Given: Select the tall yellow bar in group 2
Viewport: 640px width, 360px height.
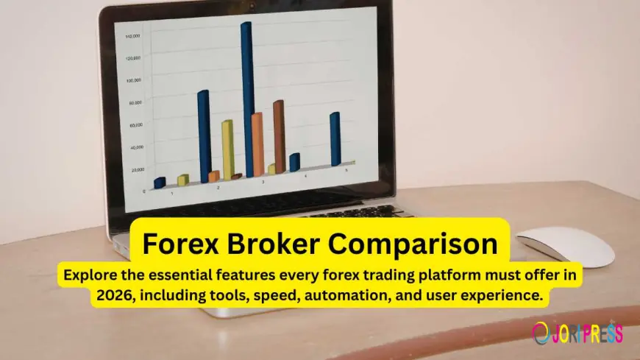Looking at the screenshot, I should click(227, 149).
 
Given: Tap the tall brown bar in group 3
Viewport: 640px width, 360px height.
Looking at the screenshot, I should click(278, 136).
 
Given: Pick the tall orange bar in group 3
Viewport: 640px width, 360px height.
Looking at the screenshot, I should click(257, 144).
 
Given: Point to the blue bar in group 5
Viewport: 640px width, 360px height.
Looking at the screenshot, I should click(335, 139).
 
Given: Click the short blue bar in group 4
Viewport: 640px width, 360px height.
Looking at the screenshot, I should click(294, 163).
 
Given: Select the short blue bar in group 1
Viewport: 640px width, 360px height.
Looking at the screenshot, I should click(160, 183).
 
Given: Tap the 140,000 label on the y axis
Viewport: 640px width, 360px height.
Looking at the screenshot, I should click(133, 35).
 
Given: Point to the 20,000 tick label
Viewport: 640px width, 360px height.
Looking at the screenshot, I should click(138, 170).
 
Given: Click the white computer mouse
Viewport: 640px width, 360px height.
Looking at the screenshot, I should click(564, 247).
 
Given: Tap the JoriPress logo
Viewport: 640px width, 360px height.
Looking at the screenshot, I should click(578, 333).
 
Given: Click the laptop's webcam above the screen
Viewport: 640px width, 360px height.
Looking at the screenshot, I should click(252, 5).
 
